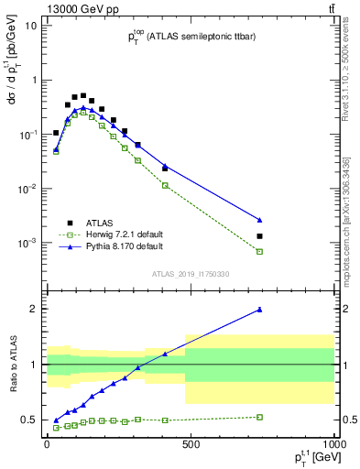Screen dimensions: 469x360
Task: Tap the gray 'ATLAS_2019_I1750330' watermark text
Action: pos(190,274)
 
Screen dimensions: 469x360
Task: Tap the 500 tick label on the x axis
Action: pos(191,443)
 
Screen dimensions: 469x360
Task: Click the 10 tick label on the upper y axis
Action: pos(29,25)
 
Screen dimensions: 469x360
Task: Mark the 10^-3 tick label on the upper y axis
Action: pos(27,243)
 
